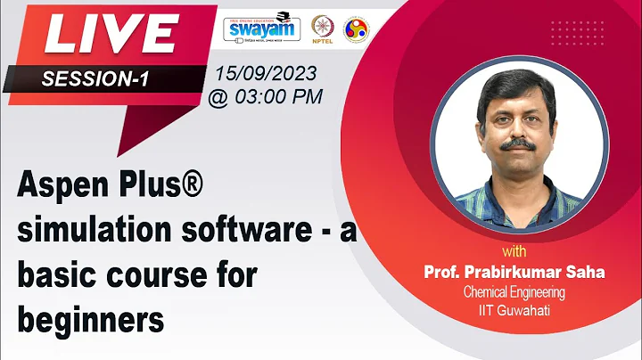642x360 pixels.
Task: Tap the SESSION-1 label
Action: [95, 79]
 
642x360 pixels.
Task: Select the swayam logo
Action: [260, 28]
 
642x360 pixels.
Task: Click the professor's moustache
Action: [517, 143]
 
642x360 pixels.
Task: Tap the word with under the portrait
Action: [514, 250]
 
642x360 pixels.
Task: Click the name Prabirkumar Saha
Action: [536, 270]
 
